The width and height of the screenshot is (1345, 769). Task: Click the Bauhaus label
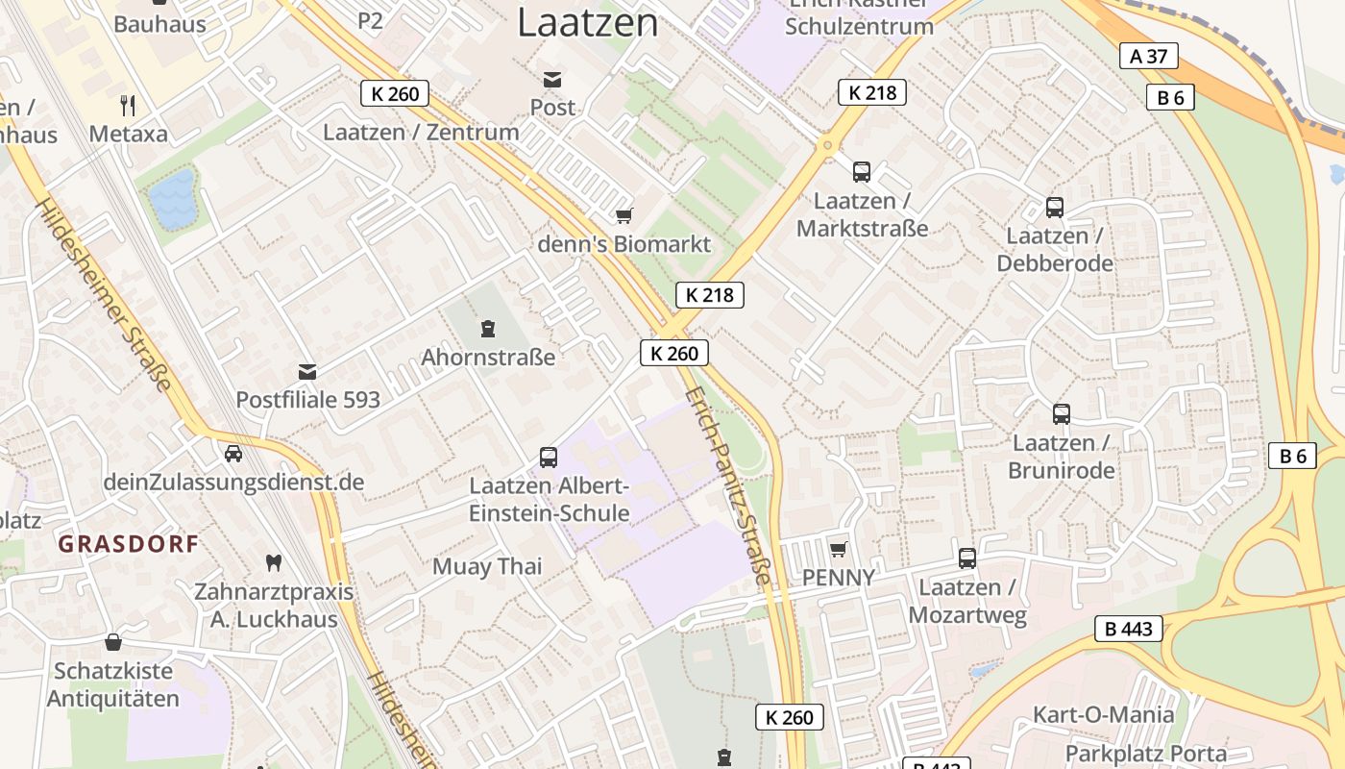coord(159,24)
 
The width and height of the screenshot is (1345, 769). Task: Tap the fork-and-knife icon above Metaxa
coord(128,105)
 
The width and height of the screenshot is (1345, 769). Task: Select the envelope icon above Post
coord(552,79)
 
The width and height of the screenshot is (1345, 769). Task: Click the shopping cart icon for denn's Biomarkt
coord(624,215)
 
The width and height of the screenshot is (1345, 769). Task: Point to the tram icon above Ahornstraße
coord(488,329)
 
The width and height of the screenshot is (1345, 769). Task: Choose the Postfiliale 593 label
coord(308,400)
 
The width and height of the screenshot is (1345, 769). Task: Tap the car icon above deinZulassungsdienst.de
coord(232,453)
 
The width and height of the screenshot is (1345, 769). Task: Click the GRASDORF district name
coord(129,544)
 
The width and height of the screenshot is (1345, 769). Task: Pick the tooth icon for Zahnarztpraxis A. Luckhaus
coord(274,562)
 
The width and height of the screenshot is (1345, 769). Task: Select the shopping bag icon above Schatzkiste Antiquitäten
coord(113,641)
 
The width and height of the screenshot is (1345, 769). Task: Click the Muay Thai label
coord(487,566)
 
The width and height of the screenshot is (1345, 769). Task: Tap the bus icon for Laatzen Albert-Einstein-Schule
coord(549,457)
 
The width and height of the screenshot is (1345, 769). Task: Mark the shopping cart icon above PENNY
coord(839,549)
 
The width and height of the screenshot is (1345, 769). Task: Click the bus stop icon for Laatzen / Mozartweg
coord(967,558)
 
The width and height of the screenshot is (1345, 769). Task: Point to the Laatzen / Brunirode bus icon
coord(1062,413)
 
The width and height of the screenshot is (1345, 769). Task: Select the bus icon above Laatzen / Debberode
coord(1055,207)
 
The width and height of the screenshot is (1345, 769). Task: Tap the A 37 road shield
coord(1149,56)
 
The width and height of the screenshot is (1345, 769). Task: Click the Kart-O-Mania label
coord(1103,714)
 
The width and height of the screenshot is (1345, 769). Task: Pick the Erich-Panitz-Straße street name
coord(730,485)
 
